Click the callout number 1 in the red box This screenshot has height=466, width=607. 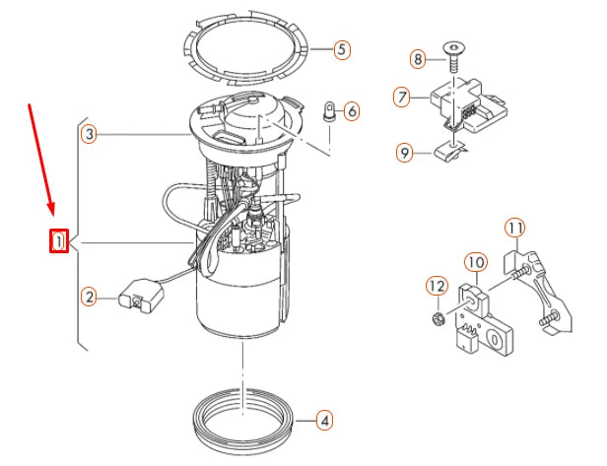pos(59,239)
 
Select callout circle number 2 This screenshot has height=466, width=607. pos(89,295)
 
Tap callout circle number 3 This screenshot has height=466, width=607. pos(89,134)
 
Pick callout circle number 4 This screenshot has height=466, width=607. pos(325,421)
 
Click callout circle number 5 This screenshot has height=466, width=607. pos(341,48)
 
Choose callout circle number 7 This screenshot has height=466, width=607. pos(401,98)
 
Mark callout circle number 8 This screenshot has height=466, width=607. pos(418,59)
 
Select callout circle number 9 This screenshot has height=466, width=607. pos(403,152)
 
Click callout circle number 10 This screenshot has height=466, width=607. pos(475,263)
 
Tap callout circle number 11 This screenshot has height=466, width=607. pos(514,229)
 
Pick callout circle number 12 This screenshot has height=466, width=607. pos(437,287)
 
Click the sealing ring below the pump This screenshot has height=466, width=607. pos(244,419)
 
